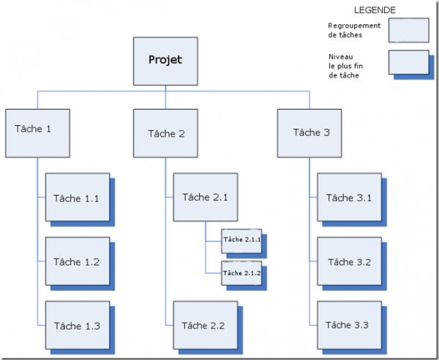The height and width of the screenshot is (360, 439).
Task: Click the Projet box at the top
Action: (165, 61)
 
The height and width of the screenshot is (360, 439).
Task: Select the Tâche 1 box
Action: (37, 133)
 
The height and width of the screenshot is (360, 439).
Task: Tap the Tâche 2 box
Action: (165, 133)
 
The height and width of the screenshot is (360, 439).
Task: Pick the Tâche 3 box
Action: (309, 133)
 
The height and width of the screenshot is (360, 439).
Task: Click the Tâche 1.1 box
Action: (78, 197)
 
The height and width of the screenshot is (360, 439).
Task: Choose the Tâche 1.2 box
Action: (78, 261)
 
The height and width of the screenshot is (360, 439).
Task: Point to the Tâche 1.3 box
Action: (78, 326)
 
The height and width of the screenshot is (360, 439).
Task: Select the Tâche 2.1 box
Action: (206, 197)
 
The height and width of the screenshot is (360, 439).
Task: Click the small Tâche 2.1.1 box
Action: (241, 241)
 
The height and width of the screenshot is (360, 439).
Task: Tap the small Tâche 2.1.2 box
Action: (241, 273)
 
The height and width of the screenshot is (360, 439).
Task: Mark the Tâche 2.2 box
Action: (206, 326)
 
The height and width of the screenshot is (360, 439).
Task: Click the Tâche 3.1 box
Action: (350, 197)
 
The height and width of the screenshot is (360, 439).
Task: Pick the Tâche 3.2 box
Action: (350, 261)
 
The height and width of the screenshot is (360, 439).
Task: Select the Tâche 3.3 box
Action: (350, 326)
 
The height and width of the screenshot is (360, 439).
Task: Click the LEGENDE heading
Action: (375, 10)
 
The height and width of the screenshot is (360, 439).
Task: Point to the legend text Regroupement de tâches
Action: (354, 30)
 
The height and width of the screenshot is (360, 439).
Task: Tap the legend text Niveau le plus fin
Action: (346, 61)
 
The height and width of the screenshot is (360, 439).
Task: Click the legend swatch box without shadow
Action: (409, 30)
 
